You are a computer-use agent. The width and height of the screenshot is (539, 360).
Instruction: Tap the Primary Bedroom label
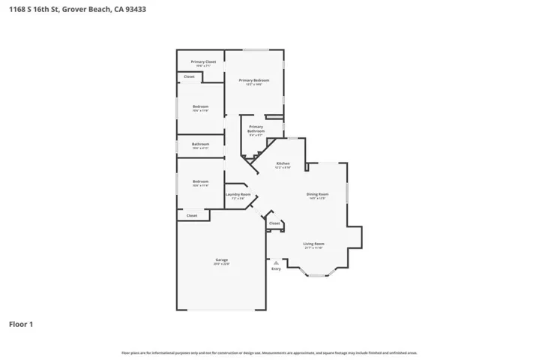coord(254,80)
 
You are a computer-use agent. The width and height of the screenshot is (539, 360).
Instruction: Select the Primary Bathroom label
coord(256,128)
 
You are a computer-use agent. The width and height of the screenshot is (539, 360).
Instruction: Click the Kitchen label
coord(283,163)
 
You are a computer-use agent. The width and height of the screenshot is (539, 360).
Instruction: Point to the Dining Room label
coord(317,194)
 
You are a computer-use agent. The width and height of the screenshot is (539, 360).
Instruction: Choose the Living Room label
coord(313,244)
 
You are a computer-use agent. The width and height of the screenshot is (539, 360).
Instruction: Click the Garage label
coord(221,259)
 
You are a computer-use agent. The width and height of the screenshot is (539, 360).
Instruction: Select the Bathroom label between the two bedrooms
coord(200,144)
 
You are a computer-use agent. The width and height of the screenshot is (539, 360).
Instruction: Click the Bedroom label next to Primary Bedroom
coord(200,106)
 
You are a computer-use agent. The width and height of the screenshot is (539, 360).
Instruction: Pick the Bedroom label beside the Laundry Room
coord(200,181)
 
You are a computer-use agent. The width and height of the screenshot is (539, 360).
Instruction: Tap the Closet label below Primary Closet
coord(189,76)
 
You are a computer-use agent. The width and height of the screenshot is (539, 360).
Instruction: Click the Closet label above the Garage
coord(192,215)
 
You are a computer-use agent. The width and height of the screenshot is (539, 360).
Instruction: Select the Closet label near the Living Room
coord(274,223)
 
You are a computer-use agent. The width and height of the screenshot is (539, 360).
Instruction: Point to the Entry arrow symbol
coord(277,262)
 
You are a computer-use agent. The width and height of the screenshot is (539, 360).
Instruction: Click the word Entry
coord(277,268)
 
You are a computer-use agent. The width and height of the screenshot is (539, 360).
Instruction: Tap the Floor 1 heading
coord(20,324)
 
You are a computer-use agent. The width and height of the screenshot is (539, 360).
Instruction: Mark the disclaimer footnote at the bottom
coord(269,352)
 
